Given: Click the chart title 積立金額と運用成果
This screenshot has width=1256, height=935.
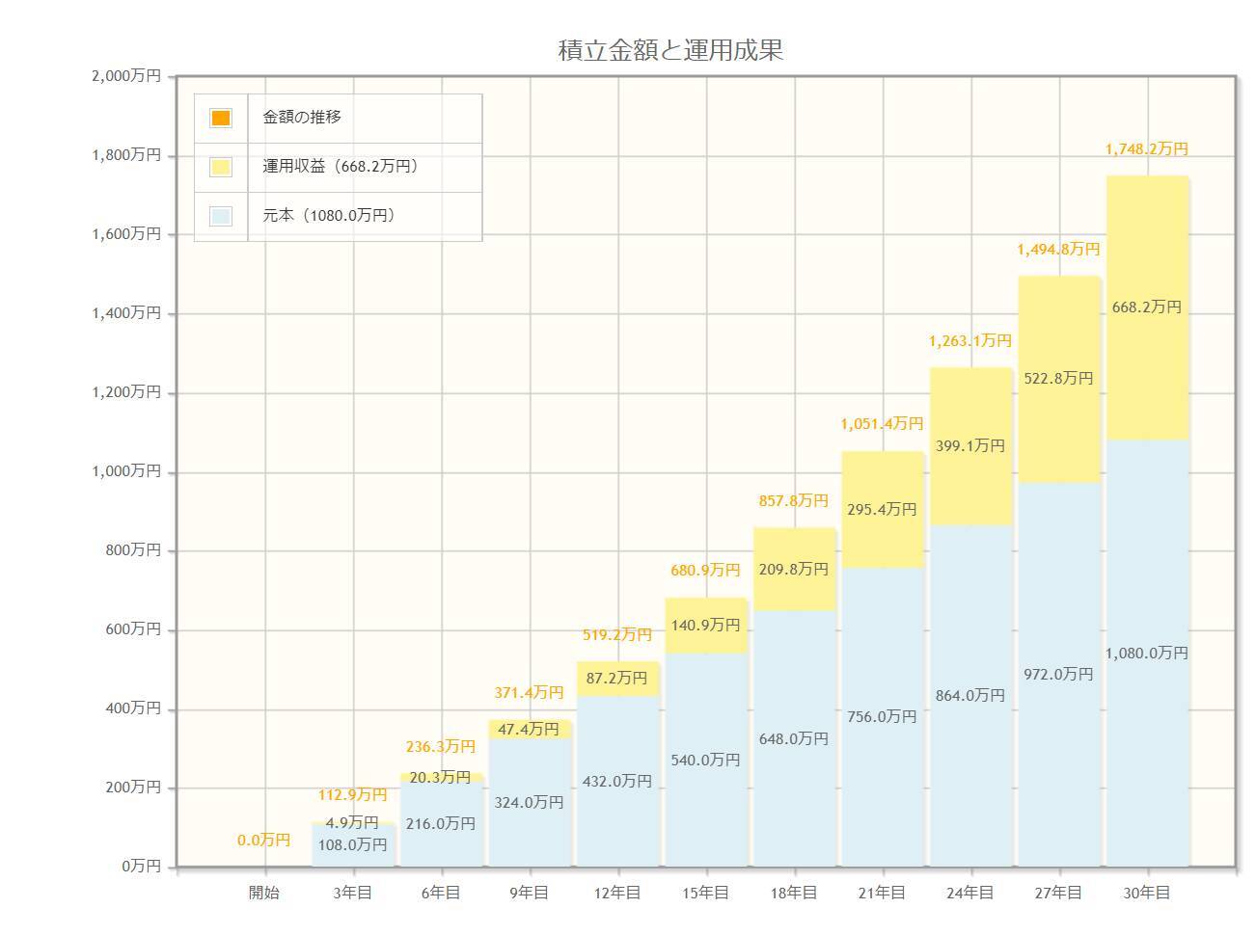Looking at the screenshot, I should (670, 50).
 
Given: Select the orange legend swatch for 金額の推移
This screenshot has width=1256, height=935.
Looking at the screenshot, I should (221, 118).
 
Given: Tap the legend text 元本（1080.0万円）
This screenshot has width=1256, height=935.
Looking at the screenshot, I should (329, 216).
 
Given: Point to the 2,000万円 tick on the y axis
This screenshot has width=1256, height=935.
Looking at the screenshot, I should (126, 76).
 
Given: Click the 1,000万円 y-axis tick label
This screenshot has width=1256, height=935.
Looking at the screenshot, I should (126, 471).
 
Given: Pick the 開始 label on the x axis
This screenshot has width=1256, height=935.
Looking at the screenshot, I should (264, 893).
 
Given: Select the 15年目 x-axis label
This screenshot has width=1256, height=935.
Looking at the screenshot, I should (706, 893).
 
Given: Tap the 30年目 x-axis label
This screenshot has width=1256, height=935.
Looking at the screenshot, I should (1147, 893).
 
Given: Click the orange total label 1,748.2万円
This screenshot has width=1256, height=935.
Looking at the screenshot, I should (1147, 149).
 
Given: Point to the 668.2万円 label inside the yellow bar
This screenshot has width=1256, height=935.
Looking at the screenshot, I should (1147, 307).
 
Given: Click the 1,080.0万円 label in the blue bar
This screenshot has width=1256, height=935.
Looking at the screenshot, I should (1147, 653).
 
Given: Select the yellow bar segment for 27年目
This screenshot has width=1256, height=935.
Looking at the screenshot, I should (1059, 424).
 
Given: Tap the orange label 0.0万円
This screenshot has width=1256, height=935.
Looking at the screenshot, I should (264, 841).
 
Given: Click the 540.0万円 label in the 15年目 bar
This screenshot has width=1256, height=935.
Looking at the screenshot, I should (706, 760).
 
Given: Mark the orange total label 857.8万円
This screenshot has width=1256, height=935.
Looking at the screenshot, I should (794, 501).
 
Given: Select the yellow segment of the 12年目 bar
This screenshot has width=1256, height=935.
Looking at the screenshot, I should (618, 679).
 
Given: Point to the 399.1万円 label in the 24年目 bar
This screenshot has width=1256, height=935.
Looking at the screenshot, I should (970, 445).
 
